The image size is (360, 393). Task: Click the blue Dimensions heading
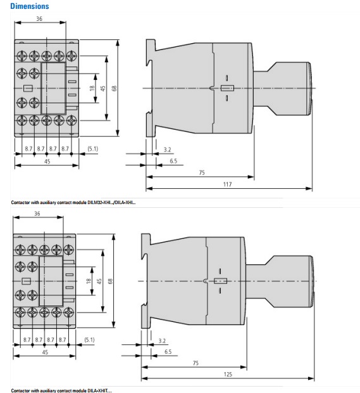click(30, 6)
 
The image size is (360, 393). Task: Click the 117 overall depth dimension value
click(227, 184)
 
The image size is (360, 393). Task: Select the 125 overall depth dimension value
click(228, 374)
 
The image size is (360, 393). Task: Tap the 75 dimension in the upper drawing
click(202, 172)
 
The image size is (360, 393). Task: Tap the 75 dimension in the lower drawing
click(196, 363)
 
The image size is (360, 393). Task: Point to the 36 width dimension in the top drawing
click(39, 19)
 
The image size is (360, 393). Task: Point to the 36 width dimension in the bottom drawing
click(37, 214)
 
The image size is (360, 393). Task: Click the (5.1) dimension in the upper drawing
click(92, 148)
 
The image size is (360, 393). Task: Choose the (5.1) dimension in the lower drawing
click(89, 340)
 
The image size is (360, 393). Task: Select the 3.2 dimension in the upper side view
click(168, 150)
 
